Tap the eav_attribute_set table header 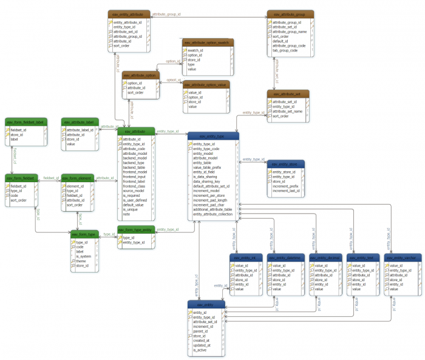tap(287, 94)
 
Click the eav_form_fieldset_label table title tap(25, 122)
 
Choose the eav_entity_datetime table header tap(285, 258)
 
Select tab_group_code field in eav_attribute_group tap(285, 50)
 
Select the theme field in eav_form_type tap(81, 261)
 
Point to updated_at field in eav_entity tap(202, 345)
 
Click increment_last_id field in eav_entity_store tap(286, 191)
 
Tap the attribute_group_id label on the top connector tap(166, 13)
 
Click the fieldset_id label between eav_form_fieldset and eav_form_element tap(50, 178)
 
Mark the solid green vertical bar tap(165, 59)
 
